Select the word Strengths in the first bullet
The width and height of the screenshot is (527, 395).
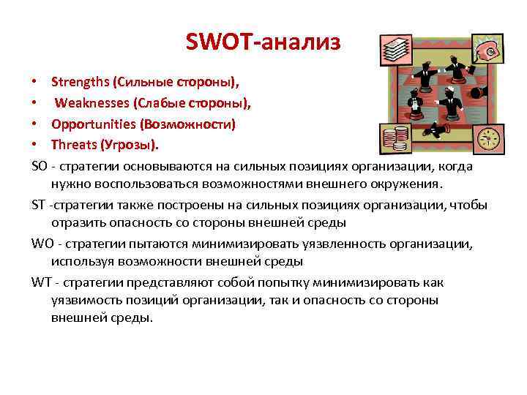80,79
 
